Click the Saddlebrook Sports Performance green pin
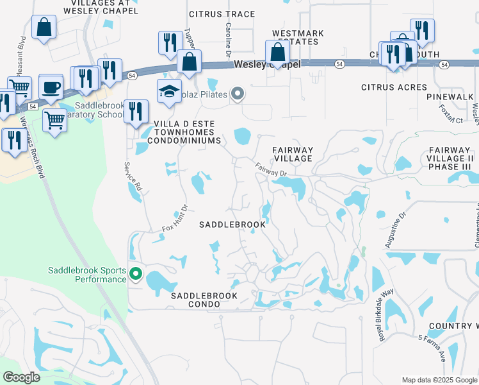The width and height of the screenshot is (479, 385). tap(136, 275)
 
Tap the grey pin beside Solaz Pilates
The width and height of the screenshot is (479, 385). tap(238, 94)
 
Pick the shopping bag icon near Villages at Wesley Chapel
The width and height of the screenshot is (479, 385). tap(44, 28)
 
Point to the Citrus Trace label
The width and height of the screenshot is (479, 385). tap(222, 14)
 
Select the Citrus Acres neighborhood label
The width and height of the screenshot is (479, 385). tap(394, 87)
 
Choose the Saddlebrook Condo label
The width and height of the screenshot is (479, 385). tap(204, 300)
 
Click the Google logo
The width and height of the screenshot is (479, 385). tap(21, 377)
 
